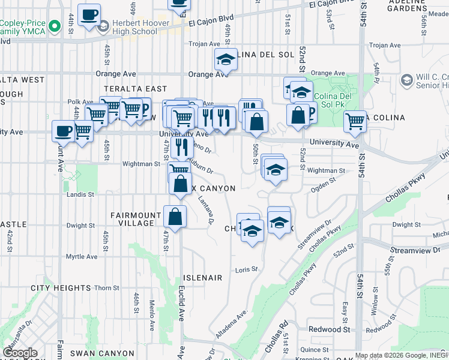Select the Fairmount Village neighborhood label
[x=136, y=219]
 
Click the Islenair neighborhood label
[x=203, y=278]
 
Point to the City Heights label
[x=61, y=288]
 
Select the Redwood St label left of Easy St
[x=329, y=329]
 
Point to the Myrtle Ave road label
[x=82, y=256]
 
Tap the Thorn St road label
[x=107, y=288]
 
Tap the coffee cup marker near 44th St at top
[x=89, y=14]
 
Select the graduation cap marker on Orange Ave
[x=226, y=59]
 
